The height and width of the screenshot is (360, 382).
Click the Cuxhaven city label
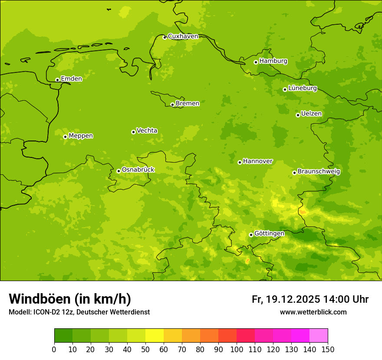click(x=183, y=36)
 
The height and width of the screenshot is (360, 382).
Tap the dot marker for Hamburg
click(x=256, y=62)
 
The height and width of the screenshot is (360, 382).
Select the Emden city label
click(x=71, y=79)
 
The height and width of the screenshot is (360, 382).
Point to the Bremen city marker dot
click(x=172, y=105)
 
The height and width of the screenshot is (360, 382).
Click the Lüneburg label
click(x=302, y=88)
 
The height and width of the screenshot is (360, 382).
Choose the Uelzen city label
click(x=311, y=114)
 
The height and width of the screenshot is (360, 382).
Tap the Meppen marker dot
click(x=65, y=137)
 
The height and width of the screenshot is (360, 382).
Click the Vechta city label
click(x=147, y=131)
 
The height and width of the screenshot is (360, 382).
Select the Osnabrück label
click(x=138, y=170)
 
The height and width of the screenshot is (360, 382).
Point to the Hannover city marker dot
click(x=240, y=162)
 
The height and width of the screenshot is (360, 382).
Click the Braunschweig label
click(x=319, y=172)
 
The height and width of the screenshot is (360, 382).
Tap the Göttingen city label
click(x=269, y=234)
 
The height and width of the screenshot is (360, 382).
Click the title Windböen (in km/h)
click(x=70, y=299)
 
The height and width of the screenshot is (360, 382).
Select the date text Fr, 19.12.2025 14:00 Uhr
click(x=310, y=299)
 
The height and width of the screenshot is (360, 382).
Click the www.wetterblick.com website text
click(x=313, y=312)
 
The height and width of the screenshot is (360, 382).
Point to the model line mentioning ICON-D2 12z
click(x=79, y=312)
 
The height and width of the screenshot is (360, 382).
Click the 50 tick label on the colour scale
click(x=145, y=349)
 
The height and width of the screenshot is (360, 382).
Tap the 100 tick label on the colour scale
click(x=237, y=349)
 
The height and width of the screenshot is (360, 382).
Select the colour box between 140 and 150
click(x=319, y=336)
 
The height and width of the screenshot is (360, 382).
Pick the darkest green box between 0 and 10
click(x=63, y=336)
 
